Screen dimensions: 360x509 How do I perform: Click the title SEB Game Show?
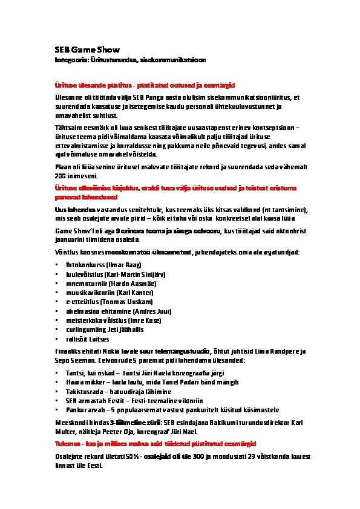[84, 49]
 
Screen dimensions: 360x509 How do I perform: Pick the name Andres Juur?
[137, 311]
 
